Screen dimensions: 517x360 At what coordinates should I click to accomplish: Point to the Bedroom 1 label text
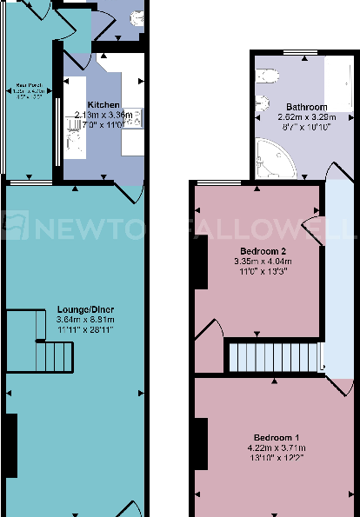point(277,436)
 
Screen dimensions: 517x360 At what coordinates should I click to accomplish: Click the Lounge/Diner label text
point(85,310)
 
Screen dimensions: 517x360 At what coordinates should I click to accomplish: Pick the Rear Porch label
point(26,86)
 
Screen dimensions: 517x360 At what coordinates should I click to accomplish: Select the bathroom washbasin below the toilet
point(263,104)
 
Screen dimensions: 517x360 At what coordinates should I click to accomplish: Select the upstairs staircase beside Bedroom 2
point(270,356)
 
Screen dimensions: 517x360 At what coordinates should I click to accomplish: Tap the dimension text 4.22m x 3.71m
point(277,447)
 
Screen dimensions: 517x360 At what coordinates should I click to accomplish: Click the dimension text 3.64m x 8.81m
point(85,320)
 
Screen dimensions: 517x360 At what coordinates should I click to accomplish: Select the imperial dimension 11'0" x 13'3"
point(258,271)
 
